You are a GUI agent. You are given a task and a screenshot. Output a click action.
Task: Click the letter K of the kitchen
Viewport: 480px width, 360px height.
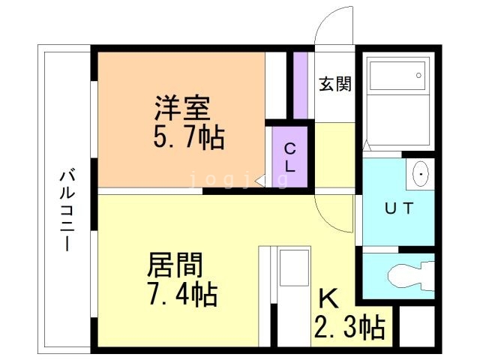point(329,299)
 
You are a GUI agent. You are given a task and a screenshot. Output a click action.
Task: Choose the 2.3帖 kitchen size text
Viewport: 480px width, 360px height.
point(348,327)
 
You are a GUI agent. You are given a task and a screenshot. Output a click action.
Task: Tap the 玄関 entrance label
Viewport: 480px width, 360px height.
point(334,84)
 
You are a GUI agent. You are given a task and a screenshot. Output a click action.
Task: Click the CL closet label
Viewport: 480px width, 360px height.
point(289,157)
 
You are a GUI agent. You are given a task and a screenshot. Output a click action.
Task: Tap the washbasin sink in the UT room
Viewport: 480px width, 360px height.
point(421,174)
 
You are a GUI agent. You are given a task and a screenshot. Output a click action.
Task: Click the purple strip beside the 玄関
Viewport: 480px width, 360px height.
point(301,85)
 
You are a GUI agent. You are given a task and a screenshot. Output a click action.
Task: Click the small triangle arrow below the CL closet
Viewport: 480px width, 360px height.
point(259,181)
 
